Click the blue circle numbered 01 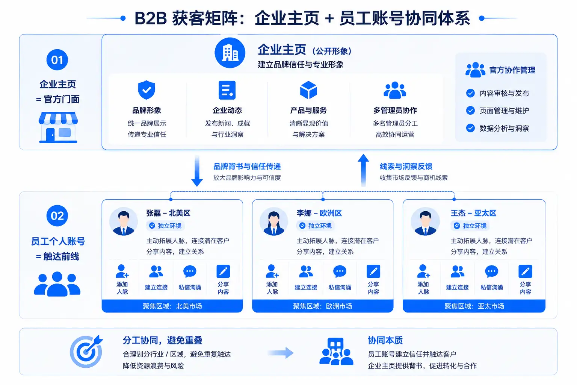57,60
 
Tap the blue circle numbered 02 57,215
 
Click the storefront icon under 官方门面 58,127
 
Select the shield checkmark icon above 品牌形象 147,90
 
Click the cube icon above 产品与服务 308,90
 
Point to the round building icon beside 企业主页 230,53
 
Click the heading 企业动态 227,111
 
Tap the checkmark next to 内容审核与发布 470,93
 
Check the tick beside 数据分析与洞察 470,128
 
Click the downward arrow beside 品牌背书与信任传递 197,171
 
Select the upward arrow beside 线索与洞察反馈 363,170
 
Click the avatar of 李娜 273,221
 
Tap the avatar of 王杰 425,221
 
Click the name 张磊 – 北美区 168,213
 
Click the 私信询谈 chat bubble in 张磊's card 190,271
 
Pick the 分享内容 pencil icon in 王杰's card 525,271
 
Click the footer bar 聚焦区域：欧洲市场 323,306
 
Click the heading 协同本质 385,340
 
